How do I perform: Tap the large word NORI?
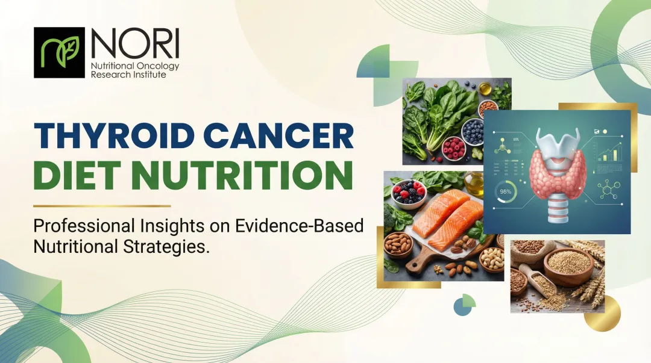pyautogui.click(x=134, y=43)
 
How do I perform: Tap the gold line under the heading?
pyautogui.click(x=102, y=206)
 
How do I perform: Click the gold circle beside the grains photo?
pyautogui.click(x=603, y=313)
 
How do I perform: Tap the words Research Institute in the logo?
pyautogui.click(x=128, y=75)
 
